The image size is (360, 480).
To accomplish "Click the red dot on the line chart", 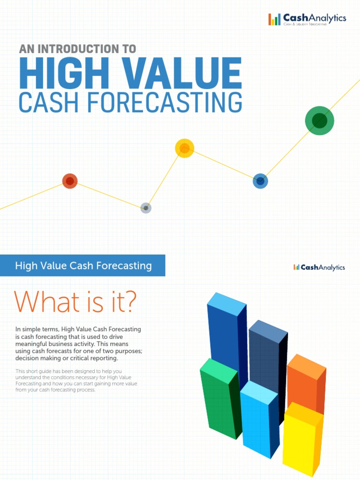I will [x=70, y=181].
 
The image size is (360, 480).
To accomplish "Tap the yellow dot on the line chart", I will [x=185, y=148].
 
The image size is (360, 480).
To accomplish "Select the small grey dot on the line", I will [x=146, y=208].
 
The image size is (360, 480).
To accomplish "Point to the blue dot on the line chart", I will [x=260, y=181].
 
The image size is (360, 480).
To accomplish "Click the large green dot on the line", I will [x=319, y=120].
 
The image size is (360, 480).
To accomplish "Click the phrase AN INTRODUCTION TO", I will [x=77, y=48].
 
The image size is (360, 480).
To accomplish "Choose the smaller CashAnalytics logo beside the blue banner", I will [x=319, y=267].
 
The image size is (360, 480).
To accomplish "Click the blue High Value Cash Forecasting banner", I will [x=83, y=266].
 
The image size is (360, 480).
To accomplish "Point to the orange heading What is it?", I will [x=75, y=301].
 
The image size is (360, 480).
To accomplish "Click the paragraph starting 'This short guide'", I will [x=76, y=380].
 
